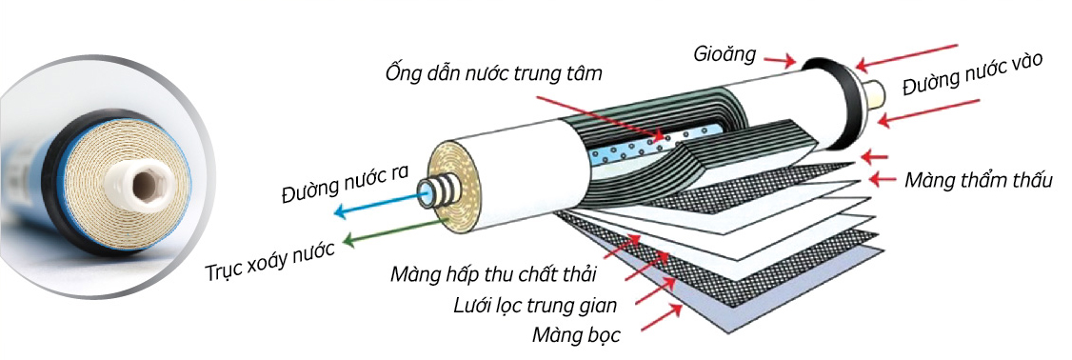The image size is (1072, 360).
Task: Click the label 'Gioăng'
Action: click(725, 53)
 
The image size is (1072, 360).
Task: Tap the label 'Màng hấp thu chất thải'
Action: click(493, 276)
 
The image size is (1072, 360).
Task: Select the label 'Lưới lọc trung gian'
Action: click(535, 306)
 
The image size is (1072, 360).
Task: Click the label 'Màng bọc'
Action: click(576, 335)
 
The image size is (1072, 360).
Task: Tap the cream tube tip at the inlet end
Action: click(874, 92)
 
